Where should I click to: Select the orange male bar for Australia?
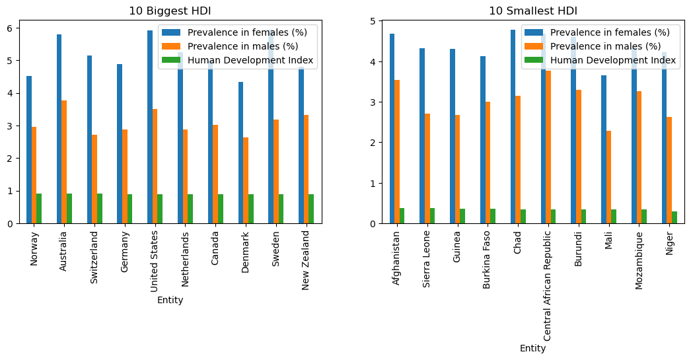coord(64,162)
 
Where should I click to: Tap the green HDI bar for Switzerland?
coord(100,208)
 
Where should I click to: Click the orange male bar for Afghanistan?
coord(396,151)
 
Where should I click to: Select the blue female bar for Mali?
coord(604,149)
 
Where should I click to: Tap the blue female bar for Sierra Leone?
coord(422,135)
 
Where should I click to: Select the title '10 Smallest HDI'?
coord(532,11)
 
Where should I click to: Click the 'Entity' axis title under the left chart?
coord(170,300)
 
